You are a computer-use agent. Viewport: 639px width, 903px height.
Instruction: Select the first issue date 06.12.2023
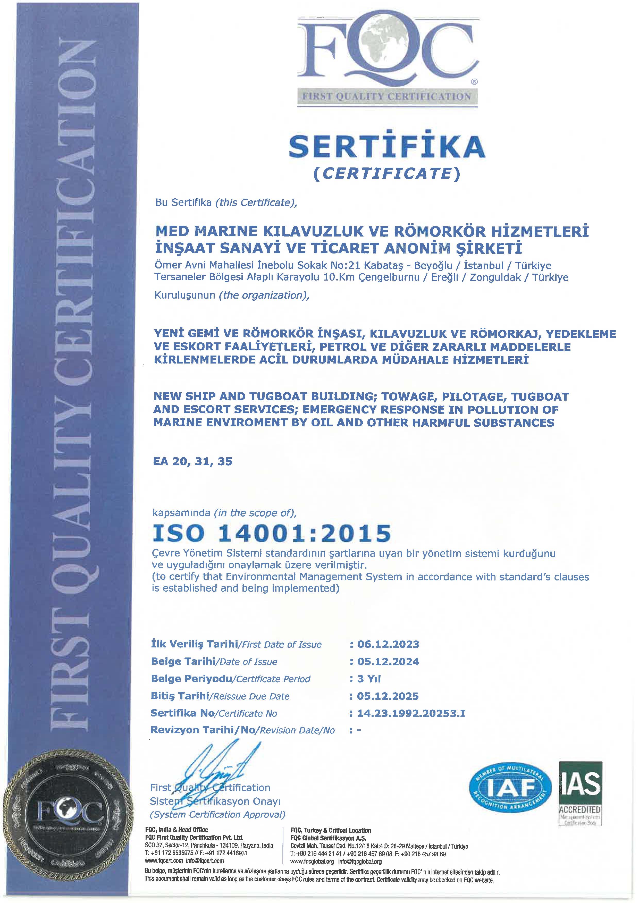(388, 645)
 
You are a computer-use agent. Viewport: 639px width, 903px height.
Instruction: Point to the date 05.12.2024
(388, 662)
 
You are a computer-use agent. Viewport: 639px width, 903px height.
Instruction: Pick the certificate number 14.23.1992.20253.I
(411, 713)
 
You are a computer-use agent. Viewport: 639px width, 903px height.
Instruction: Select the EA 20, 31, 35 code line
(193, 461)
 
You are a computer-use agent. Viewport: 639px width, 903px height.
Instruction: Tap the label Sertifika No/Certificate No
(214, 713)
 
